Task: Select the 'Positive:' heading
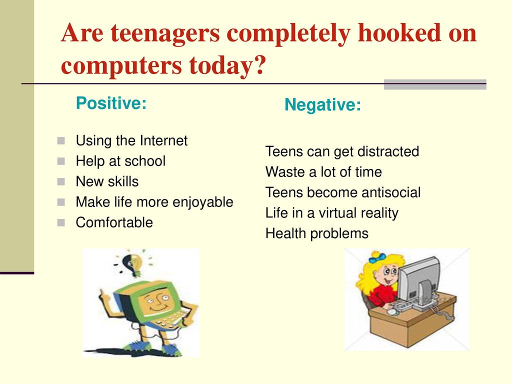[111, 103]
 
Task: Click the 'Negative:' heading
[323, 105]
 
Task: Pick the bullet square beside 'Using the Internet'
[61, 140]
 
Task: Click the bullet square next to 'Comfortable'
[61, 222]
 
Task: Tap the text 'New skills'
[107, 181]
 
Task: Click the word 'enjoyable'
[203, 202]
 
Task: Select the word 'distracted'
[388, 151]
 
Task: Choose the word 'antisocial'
[391, 192]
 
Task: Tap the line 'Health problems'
[316, 234]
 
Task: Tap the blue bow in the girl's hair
[377, 258]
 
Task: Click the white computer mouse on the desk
[391, 312]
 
